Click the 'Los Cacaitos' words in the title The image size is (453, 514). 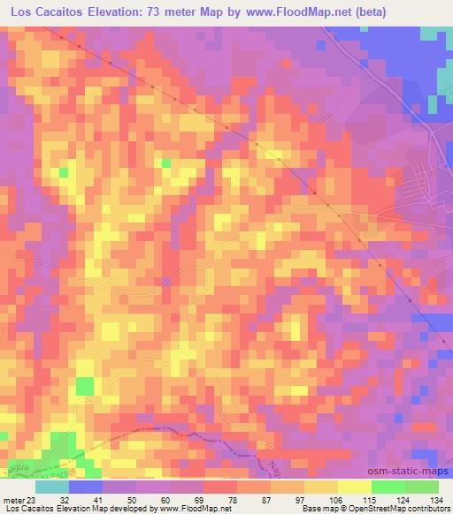click(43, 12)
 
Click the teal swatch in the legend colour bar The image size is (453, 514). click(52, 487)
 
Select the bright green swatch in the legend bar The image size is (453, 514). click(388, 487)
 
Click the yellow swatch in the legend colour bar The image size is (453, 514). click(321, 487)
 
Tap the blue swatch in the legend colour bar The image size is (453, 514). click(86, 487)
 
